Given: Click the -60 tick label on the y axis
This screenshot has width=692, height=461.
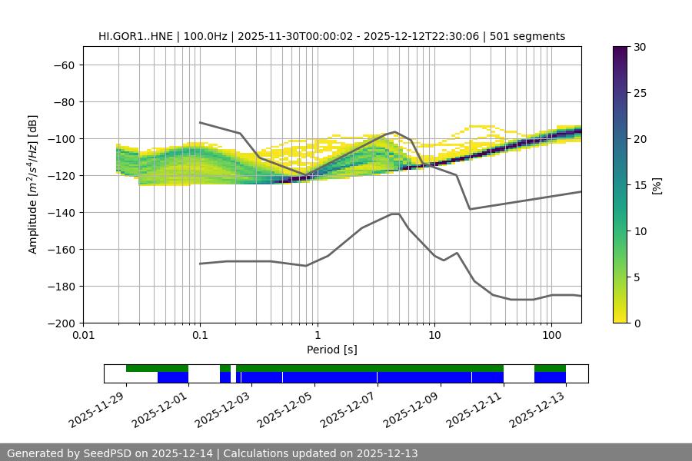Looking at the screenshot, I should click(64, 65).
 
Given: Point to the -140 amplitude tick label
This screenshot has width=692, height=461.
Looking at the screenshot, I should click(61, 213).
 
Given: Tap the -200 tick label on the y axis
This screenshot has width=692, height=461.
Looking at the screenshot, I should click(61, 323).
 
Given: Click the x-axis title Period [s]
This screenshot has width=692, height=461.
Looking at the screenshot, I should click(332, 350).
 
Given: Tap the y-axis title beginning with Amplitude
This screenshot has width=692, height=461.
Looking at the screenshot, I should click(33, 184).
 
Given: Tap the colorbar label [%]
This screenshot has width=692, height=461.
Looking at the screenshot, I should click(657, 185).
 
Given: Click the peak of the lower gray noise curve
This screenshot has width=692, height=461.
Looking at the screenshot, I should click(395, 214).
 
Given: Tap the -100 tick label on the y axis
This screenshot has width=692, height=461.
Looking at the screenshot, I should click(61, 139).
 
